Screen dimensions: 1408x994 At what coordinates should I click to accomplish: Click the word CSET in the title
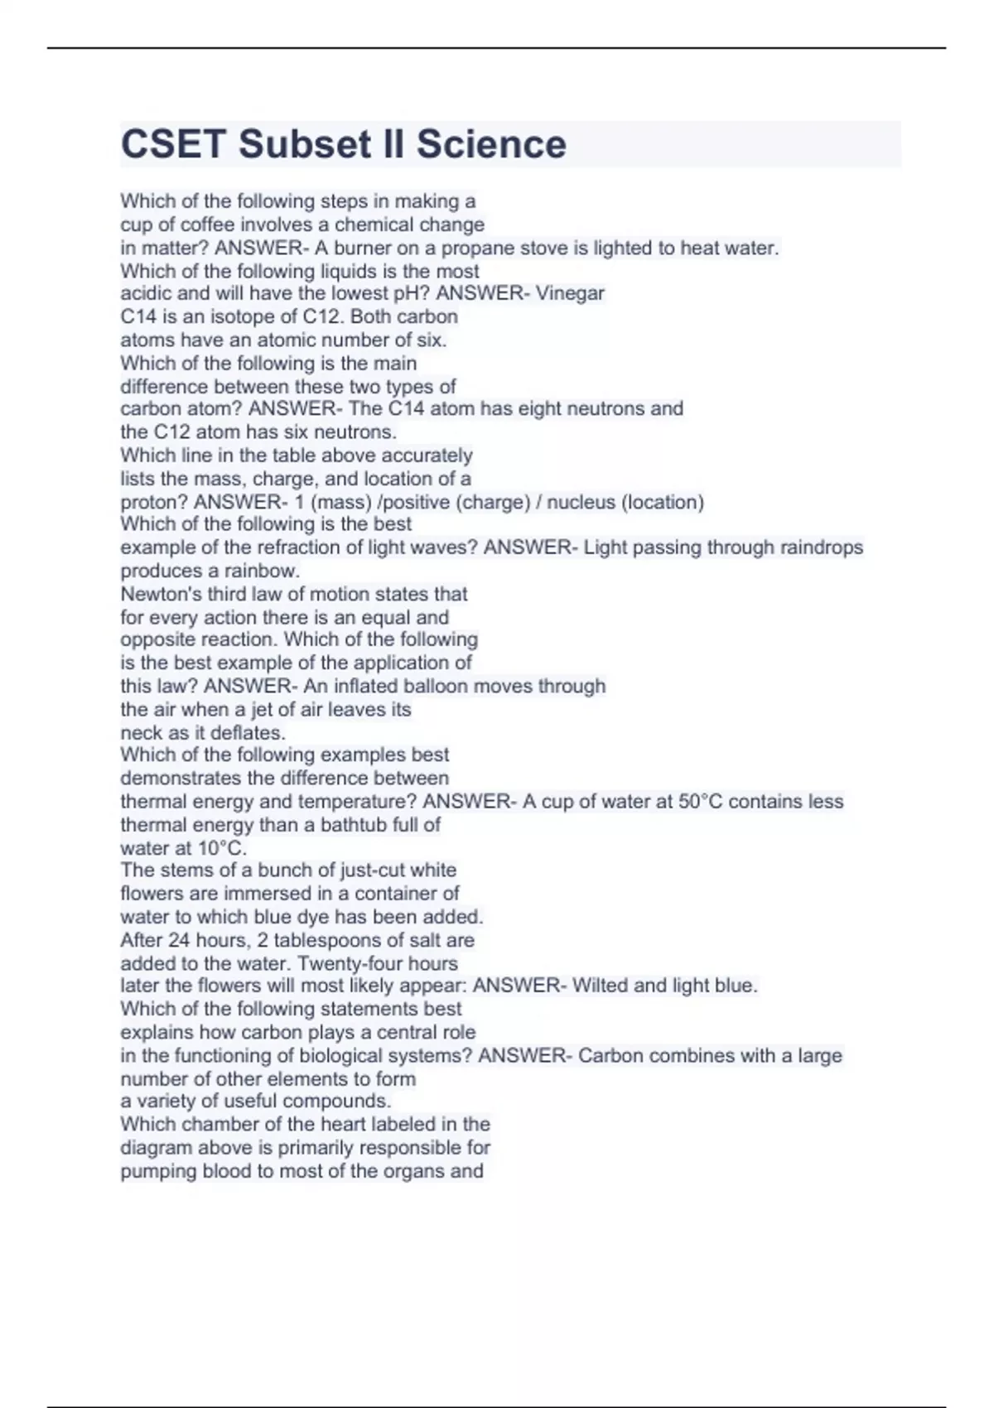173,144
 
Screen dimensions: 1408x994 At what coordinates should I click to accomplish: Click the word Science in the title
491,144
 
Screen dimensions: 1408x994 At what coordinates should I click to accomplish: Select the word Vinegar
570,293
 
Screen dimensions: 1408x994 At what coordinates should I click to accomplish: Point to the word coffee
207,224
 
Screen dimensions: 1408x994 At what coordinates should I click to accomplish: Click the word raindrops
822,547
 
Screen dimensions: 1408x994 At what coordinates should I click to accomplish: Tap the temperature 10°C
222,848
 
